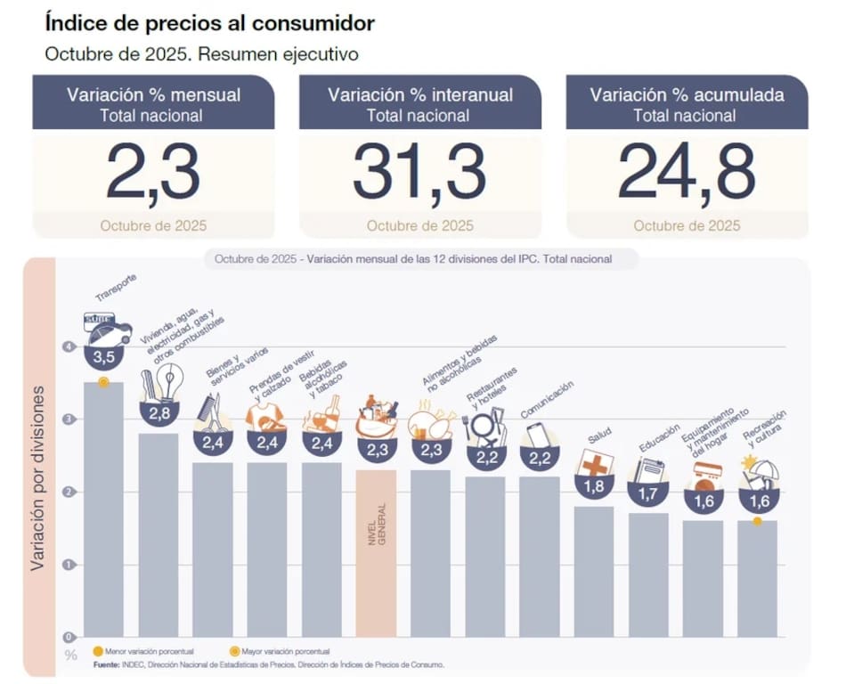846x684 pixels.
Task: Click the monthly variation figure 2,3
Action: point(153,172)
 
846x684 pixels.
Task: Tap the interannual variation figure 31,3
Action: point(419,172)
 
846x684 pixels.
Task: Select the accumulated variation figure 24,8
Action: point(687,172)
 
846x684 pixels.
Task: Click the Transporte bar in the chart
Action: point(103,508)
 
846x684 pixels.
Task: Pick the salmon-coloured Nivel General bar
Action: point(376,552)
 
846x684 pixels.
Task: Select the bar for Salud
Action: point(594,570)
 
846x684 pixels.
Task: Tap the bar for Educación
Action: point(648,574)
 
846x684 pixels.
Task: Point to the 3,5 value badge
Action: point(103,357)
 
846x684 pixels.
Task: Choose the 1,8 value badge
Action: point(594,487)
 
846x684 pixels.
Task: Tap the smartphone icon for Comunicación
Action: point(538,436)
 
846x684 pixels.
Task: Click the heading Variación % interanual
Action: point(419,95)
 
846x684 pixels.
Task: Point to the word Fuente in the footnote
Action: point(107,664)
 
